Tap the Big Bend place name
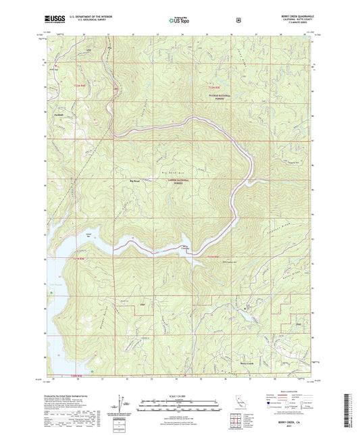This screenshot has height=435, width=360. click(x=135, y=181)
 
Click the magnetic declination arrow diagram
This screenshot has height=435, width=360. click(x=120, y=401)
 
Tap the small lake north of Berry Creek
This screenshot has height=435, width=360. click(x=252, y=315)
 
